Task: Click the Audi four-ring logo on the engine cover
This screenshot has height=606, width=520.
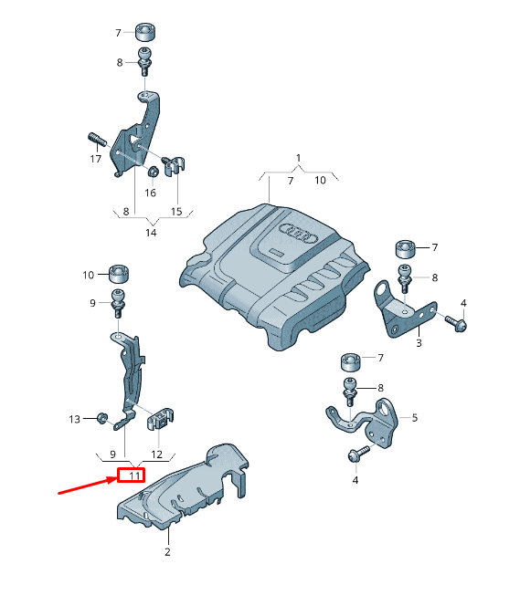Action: click(298, 233)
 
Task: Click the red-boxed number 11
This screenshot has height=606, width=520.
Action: click(132, 475)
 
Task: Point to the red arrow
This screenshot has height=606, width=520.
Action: click(88, 486)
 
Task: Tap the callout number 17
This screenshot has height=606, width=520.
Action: click(96, 159)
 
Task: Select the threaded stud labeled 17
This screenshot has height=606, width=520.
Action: click(97, 139)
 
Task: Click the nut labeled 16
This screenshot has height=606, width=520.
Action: click(153, 171)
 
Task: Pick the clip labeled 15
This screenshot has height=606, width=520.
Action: click(173, 165)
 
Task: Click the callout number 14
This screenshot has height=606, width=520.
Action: click(151, 233)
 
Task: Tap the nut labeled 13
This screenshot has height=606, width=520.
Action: click(101, 418)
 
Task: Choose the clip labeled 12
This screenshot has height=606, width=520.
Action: click(160, 418)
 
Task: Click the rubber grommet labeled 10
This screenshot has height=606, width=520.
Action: click(119, 275)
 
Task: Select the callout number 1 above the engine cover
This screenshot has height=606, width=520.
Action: click(298, 158)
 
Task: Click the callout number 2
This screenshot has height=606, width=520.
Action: click(167, 552)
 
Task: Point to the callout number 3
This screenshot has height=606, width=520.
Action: click(419, 343)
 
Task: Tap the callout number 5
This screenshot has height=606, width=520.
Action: click(415, 417)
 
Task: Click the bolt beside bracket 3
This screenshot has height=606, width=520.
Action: click(456, 323)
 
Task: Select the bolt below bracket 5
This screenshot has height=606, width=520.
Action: click(359, 454)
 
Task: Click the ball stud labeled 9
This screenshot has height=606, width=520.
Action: click(118, 302)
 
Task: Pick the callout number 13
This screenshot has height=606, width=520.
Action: click(74, 419)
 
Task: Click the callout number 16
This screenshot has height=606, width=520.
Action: click(150, 193)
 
